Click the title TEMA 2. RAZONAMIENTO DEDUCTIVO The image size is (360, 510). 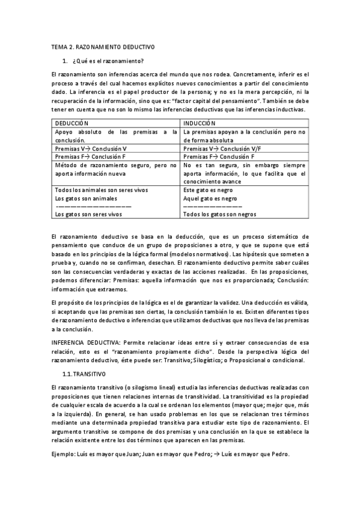tap(103, 46)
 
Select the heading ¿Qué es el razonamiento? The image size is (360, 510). tap(108, 61)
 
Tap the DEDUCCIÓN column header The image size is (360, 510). tap(72, 122)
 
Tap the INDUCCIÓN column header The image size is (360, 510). tap(200, 122)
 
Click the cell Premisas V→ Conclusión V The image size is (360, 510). tap(90, 148)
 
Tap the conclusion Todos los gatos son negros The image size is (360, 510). tap(219, 214)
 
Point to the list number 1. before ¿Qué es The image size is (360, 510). tap(65, 61)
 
